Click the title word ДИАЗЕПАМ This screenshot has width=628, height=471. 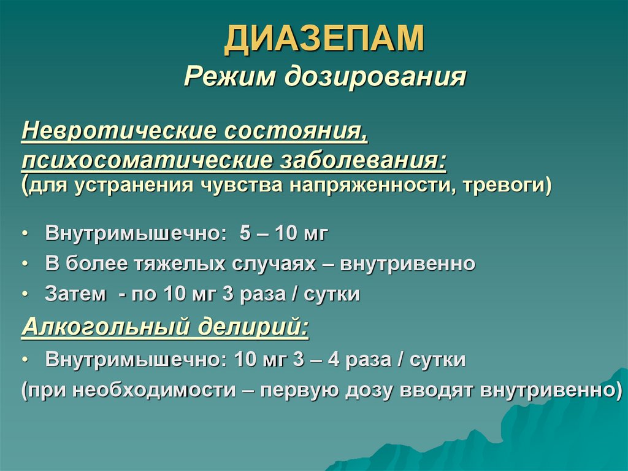324,39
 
